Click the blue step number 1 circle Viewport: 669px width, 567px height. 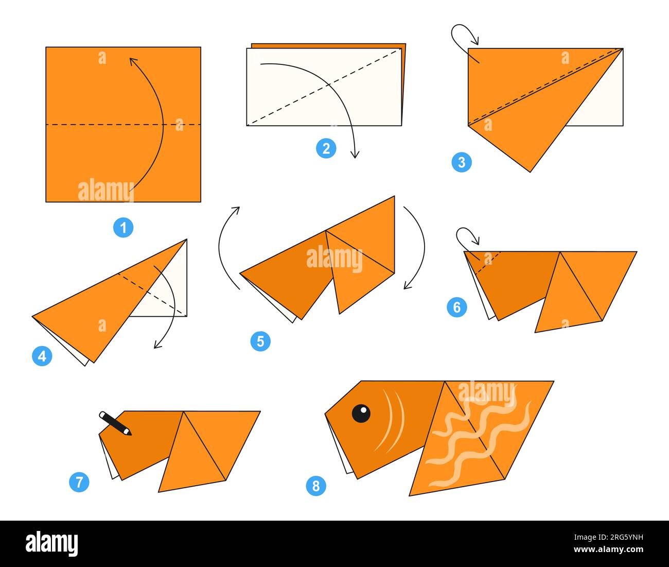[123, 228]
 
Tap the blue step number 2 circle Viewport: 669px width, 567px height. [326, 149]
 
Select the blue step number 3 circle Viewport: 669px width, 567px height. [462, 162]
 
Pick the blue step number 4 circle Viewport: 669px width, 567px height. [42, 356]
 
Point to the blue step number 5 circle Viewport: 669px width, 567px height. [260, 341]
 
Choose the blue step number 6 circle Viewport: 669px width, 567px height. [457, 307]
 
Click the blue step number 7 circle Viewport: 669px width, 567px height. [79, 482]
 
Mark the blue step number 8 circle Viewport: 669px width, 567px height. [316, 486]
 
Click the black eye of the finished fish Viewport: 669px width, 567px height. [361, 413]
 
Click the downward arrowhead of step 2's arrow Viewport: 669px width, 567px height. [354, 154]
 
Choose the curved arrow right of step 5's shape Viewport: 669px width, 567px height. [418, 247]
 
